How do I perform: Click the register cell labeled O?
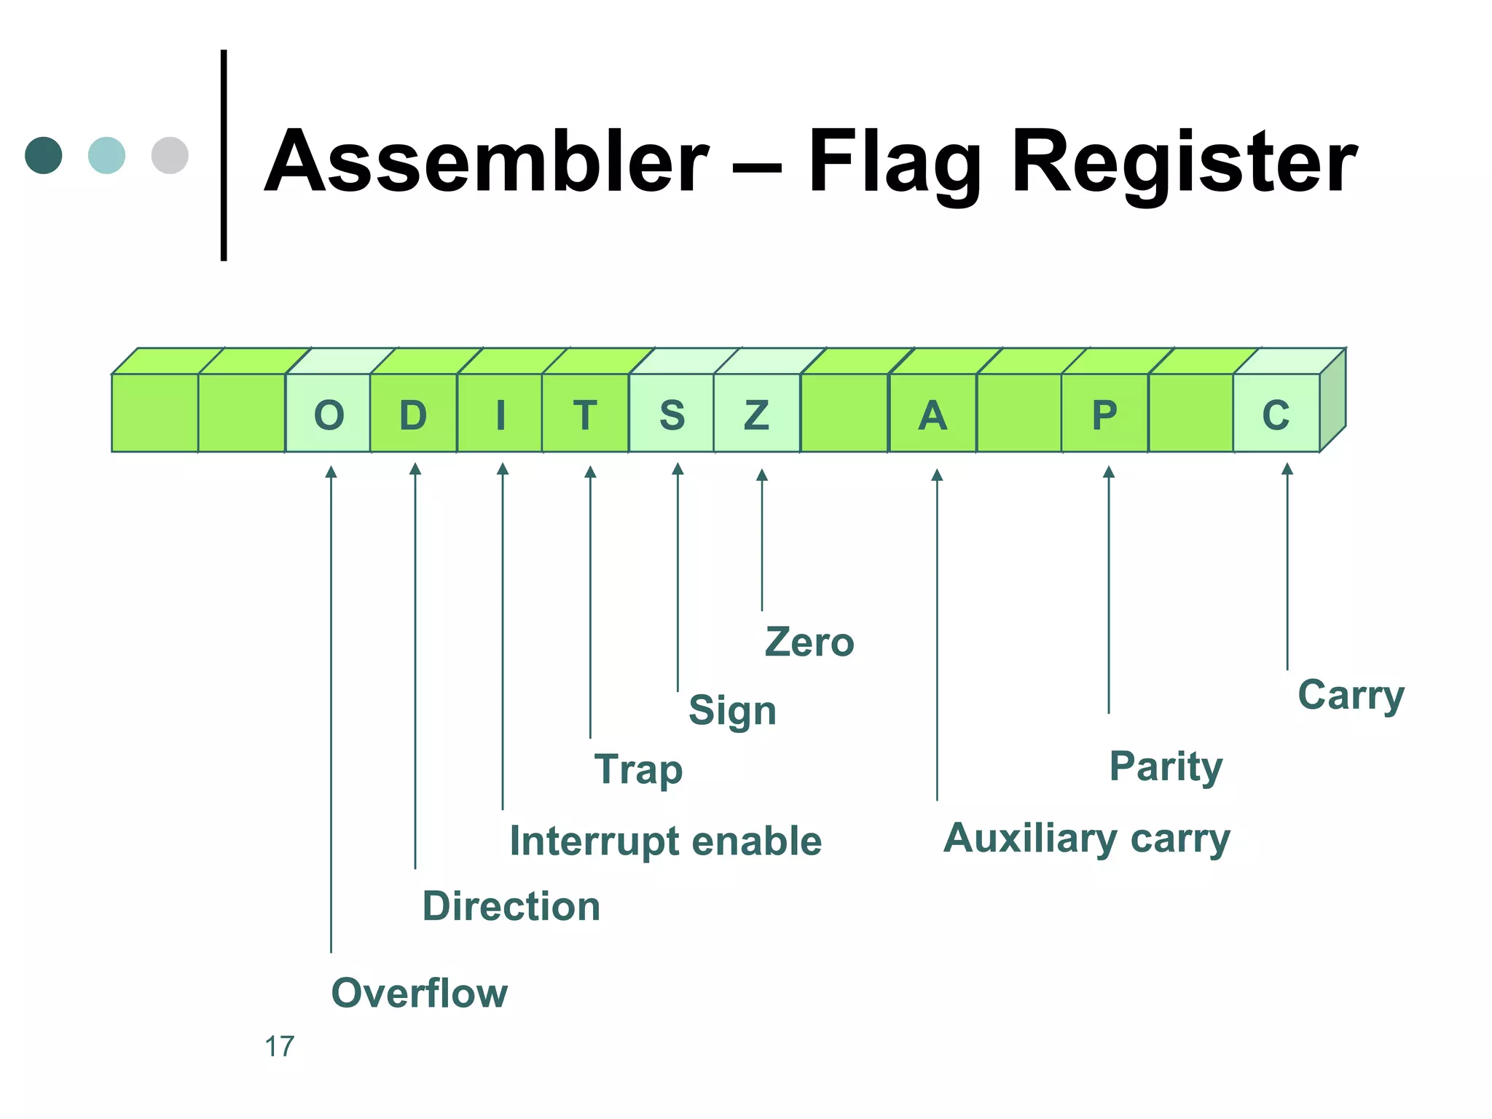click(328, 415)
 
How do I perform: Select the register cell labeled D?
click(413, 415)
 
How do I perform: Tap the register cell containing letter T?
click(585, 415)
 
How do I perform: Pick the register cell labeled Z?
click(756, 415)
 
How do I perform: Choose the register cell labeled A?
click(932, 415)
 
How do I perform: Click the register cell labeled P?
click(1104, 415)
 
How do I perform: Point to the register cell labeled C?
click(1276, 415)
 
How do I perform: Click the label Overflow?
click(419, 992)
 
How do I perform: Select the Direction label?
click(511, 906)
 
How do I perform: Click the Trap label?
click(638, 769)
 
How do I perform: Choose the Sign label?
click(732, 710)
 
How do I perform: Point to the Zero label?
click(809, 643)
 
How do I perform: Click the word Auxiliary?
click(1029, 838)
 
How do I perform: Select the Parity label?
click(1166, 766)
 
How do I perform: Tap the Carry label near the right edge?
click(1351, 695)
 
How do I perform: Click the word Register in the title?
click(1184, 162)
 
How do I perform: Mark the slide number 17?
click(279, 1046)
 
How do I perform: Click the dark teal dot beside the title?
click(44, 155)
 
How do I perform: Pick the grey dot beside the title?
click(170, 155)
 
